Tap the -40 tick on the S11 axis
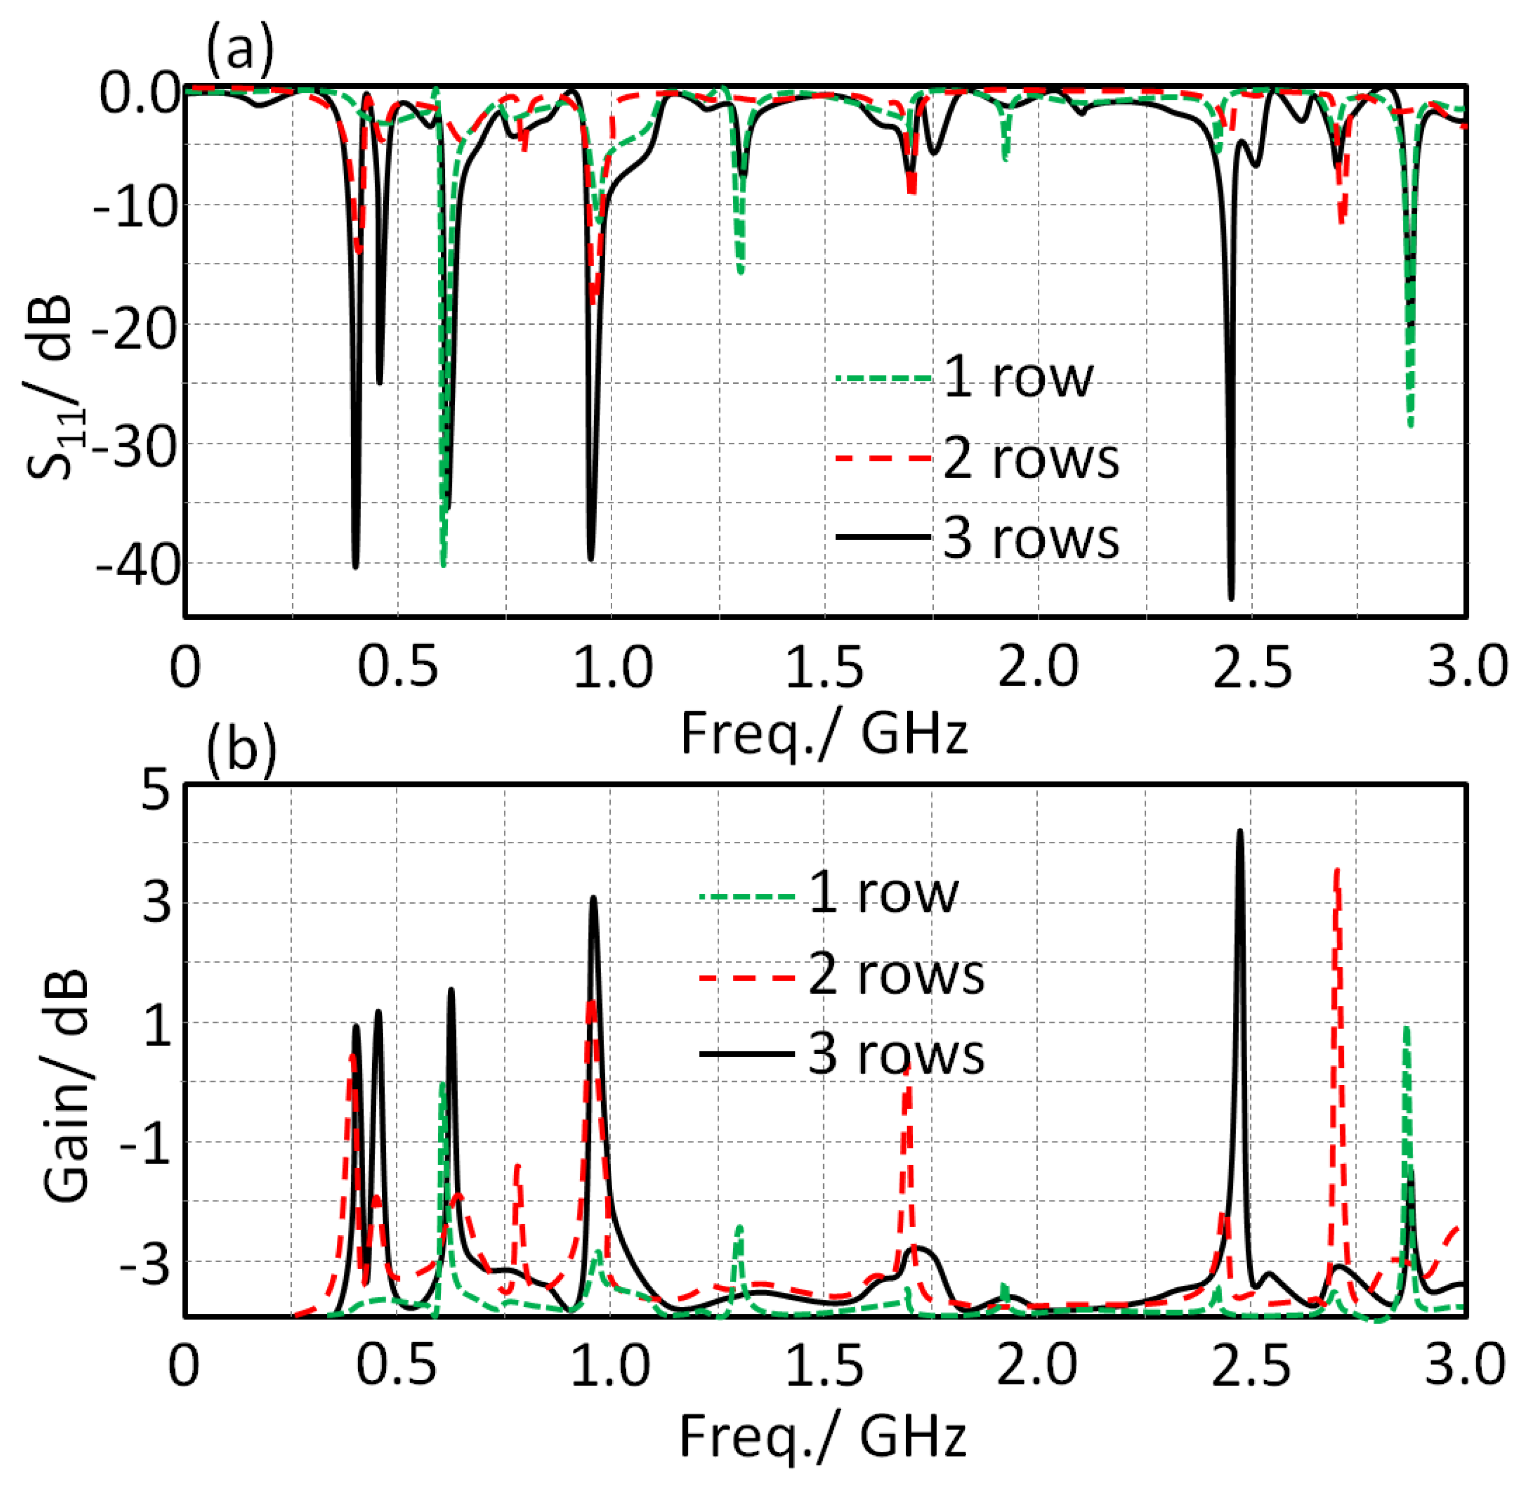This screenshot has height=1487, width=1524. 137,564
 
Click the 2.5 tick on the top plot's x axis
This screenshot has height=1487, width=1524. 1252,668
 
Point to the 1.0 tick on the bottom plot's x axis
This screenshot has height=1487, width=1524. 611,1367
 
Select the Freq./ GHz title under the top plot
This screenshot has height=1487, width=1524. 824,734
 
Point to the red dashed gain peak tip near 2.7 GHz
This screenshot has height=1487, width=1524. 1337,869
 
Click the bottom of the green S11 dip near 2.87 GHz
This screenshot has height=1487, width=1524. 1410,426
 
